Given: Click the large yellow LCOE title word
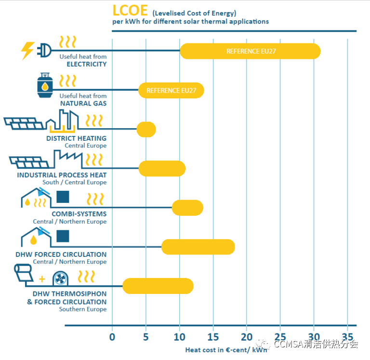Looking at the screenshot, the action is click(x=130, y=11).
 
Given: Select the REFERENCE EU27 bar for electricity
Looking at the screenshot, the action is click(x=250, y=51).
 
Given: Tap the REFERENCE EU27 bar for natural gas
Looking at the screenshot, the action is click(x=171, y=91).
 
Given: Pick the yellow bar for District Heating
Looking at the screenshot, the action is click(x=146, y=129).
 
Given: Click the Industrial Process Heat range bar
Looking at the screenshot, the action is click(x=162, y=169).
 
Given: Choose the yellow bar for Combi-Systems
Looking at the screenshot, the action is click(x=187, y=208).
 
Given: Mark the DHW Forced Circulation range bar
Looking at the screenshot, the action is click(x=198, y=247).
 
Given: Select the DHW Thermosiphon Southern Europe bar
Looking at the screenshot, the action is click(x=158, y=286).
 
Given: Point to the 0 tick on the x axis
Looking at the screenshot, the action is click(x=112, y=337).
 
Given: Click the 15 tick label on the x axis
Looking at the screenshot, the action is click(x=213, y=337).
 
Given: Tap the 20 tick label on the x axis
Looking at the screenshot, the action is click(x=247, y=337).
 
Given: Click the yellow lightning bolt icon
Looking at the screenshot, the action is click(x=27, y=51).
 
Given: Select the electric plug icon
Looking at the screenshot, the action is click(x=44, y=50).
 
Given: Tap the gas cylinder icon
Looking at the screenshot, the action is click(x=45, y=85).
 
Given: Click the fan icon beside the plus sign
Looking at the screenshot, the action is click(x=60, y=279).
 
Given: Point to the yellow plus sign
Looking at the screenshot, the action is click(x=42, y=279).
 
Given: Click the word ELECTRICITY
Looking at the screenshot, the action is click(x=87, y=64).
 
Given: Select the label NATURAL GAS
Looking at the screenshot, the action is click(x=83, y=104).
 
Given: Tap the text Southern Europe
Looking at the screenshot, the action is click(x=83, y=309).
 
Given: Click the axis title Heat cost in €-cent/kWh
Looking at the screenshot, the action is click(x=226, y=350).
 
